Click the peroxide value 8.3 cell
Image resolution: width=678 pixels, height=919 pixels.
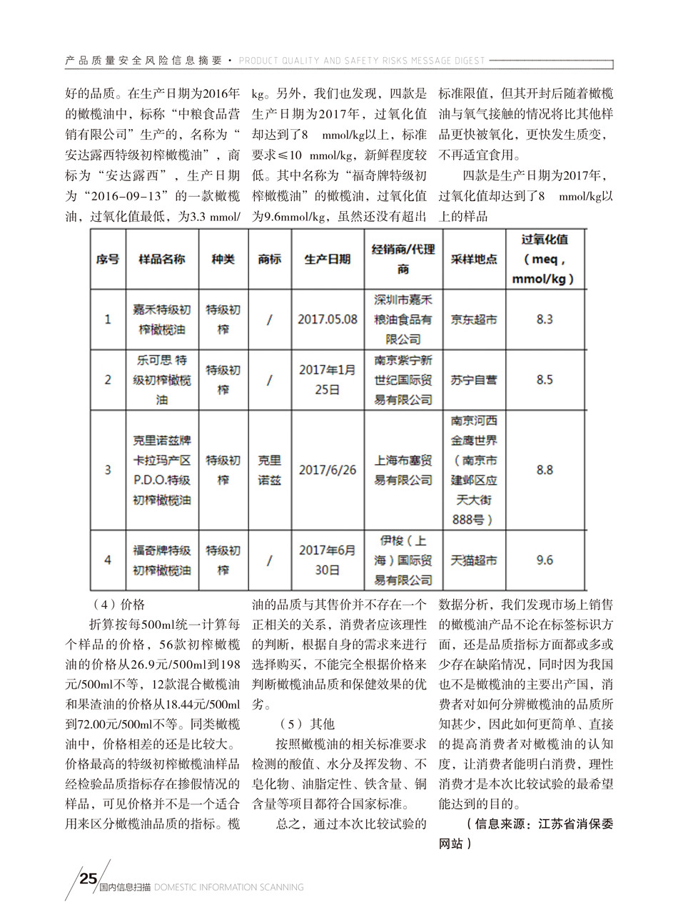click(x=545, y=319)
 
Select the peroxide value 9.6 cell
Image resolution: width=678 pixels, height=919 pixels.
click(x=545, y=560)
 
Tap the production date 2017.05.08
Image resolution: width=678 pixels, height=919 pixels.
click(x=328, y=319)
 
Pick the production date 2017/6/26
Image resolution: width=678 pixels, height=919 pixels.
click(x=328, y=470)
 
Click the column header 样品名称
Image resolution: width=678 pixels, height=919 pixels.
click(x=162, y=260)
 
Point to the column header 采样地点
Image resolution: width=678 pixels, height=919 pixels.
click(x=474, y=260)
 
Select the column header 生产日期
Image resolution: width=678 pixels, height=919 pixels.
click(x=328, y=260)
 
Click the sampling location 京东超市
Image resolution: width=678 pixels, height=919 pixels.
click(x=474, y=319)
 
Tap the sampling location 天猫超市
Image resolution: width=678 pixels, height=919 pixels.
click(x=474, y=560)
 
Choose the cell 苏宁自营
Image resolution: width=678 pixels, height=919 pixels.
click(x=474, y=380)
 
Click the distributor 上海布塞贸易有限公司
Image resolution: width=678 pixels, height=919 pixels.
click(x=403, y=471)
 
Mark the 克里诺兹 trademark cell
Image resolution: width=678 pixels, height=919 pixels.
click(x=269, y=471)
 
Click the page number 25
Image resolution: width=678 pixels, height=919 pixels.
click(x=88, y=878)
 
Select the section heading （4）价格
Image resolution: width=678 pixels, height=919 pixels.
click(x=118, y=605)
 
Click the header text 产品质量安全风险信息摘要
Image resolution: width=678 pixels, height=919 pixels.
click(x=143, y=61)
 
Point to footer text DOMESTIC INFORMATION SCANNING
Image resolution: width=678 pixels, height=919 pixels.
click(x=228, y=888)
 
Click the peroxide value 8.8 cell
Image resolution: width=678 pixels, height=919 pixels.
click(x=545, y=470)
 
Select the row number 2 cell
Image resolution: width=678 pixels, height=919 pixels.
click(x=108, y=380)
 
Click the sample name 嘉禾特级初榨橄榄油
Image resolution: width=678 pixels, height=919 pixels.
click(x=162, y=319)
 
